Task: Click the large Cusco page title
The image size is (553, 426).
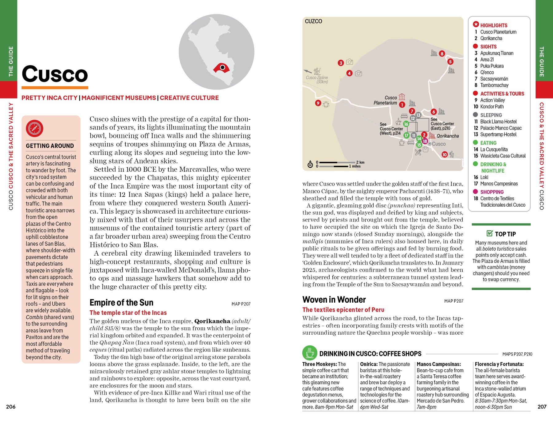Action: (55, 74)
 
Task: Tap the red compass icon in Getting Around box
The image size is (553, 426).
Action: (34, 129)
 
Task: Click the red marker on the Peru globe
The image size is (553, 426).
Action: (222, 68)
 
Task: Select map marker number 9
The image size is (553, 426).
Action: (318, 103)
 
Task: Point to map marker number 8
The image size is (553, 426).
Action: (442, 54)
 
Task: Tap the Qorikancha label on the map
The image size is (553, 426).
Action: (448, 136)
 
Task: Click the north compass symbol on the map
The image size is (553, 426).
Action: (310, 165)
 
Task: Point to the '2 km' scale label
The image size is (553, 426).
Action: (360, 162)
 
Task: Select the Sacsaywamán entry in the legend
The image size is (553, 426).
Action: (494, 79)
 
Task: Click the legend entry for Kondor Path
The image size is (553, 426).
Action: (492, 106)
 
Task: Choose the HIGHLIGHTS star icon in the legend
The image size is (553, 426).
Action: (476, 24)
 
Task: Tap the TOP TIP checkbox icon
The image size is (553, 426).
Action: (490, 233)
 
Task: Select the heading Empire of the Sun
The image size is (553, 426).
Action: (121, 303)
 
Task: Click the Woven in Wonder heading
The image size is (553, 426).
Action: (334, 300)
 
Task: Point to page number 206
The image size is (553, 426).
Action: (11, 407)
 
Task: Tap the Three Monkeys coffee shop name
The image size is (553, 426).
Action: (319, 364)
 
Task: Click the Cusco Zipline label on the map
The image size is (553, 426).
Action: (317, 79)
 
